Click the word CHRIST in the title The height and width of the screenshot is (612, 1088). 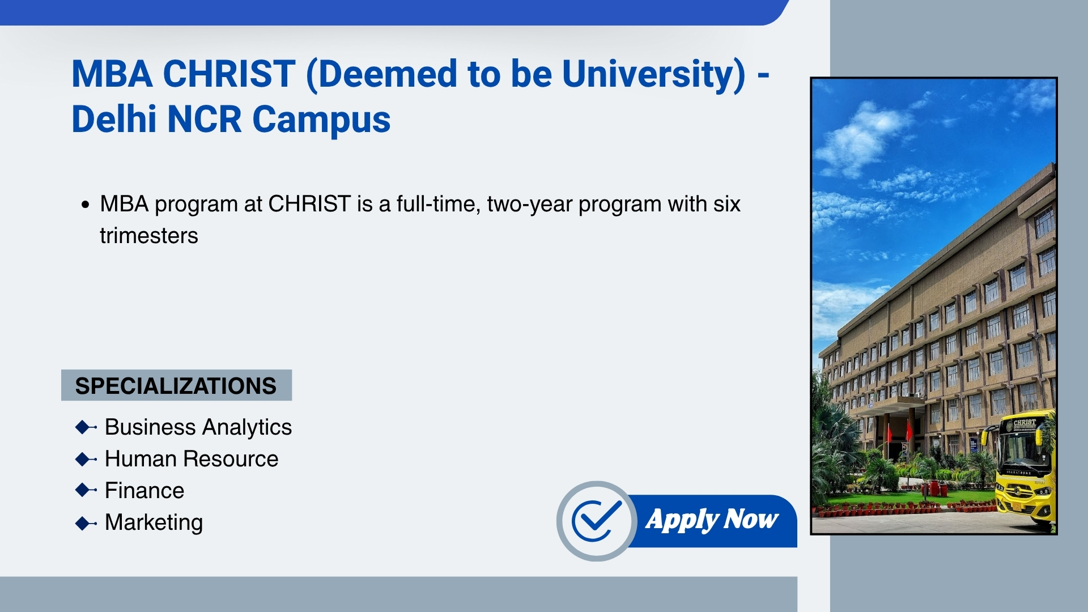[x=229, y=74]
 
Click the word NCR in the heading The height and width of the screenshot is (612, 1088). [x=205, y=119]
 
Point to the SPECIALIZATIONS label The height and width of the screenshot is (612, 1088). [x=176, y=385]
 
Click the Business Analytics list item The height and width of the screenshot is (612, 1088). [x=198, y=427]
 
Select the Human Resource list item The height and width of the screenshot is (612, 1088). [x=192, y=458]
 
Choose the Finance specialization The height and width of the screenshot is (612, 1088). [x=144, y=490]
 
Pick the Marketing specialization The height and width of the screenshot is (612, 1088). [x=154, y=522]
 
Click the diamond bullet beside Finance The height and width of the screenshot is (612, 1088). [x=86, y=490]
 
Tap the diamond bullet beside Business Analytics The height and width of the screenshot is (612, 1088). [x=86, y=427]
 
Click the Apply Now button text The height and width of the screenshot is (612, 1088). [x=712, y=520]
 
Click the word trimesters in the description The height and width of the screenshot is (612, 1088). [x=149, y=236]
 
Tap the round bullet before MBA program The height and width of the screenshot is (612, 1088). [x=86, y=205]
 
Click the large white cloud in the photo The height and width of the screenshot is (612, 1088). [x=864, y=139]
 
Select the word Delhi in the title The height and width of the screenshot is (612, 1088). [x=114, y=119]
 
